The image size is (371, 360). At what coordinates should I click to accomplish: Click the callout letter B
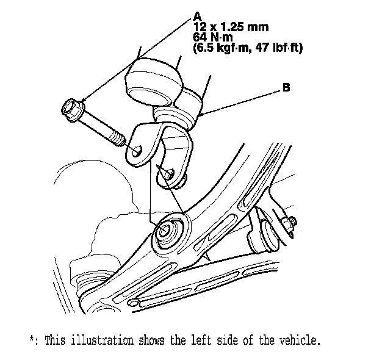tap(286, 88)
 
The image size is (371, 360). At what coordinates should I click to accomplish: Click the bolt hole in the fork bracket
tap(137, 149)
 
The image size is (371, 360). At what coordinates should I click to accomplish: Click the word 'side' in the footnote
tap(231, 339)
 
